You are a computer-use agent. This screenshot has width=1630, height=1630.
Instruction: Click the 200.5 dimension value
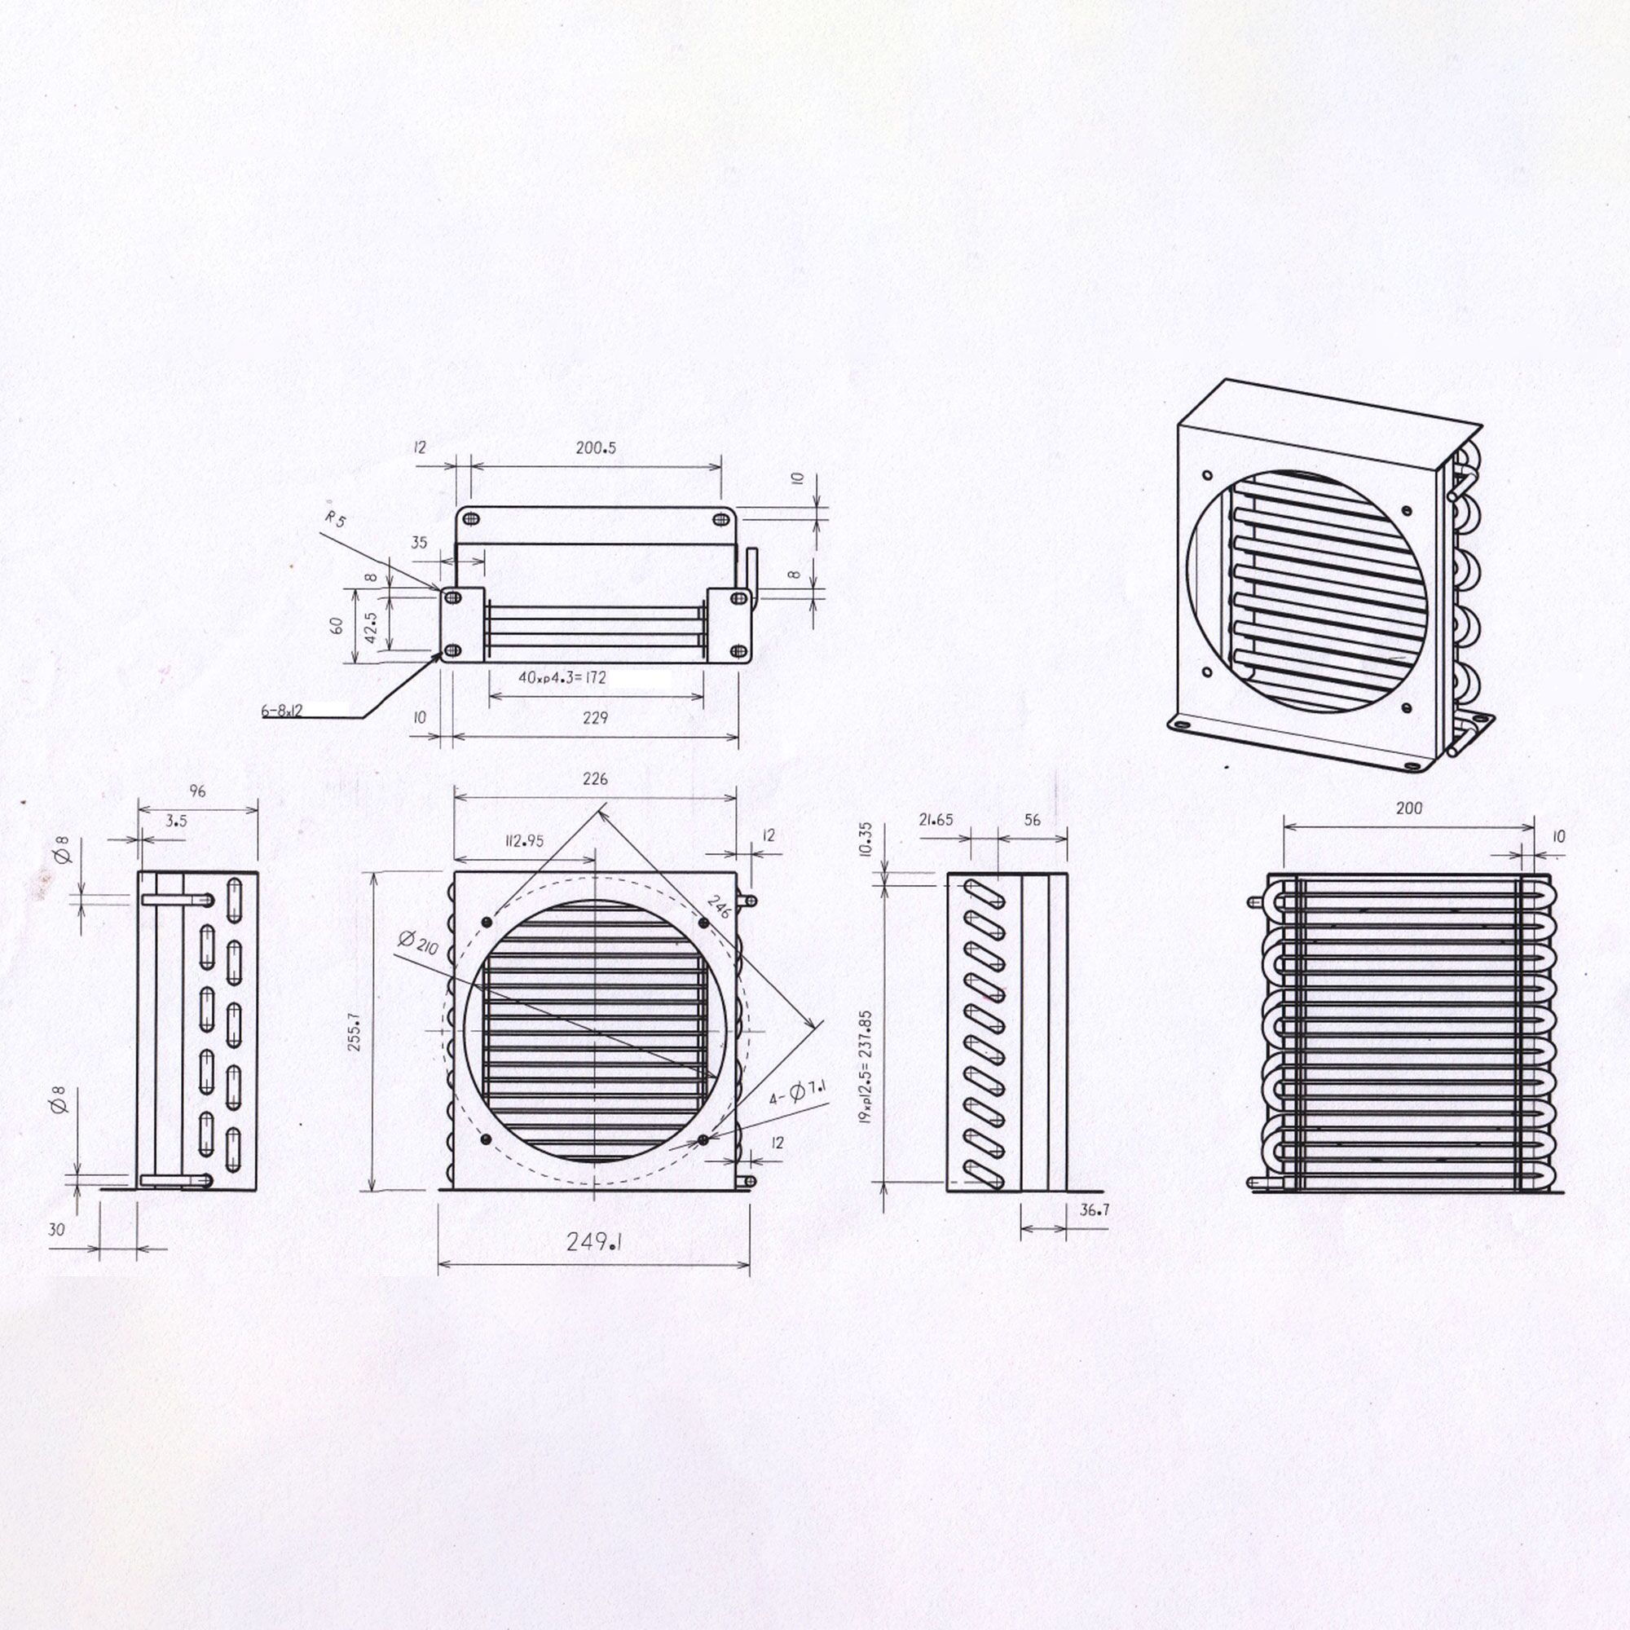point(596,448)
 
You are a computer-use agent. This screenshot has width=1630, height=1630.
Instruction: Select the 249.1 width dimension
point(594,1242)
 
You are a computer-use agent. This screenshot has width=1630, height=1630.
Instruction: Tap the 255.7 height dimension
point(355,1032)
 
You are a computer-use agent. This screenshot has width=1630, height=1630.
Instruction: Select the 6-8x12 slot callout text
point(282,711)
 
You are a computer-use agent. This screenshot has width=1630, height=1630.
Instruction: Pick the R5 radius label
point(335,519)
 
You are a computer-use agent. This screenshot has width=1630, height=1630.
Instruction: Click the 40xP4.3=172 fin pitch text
point(562,677)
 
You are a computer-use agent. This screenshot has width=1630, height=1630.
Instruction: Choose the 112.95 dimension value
point(525,840)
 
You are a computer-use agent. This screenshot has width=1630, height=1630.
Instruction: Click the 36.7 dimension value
point(1095,1209)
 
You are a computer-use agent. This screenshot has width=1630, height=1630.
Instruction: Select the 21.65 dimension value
point(936,819)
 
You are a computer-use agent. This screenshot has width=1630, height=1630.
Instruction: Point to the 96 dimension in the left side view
point(197,791)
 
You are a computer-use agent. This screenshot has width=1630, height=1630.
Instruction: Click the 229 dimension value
point(595,718)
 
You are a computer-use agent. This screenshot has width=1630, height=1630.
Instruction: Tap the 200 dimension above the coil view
point(1408,808)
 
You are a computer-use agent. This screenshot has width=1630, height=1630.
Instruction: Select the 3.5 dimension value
point(176,820)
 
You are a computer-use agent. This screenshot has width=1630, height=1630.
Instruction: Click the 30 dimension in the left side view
point(55,1230)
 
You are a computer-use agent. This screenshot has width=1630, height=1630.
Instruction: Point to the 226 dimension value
point(595,778)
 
